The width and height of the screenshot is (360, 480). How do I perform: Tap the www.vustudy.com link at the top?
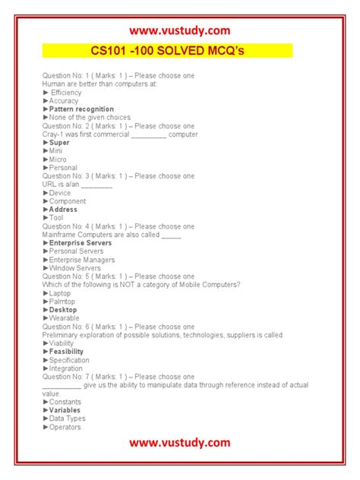click(x=179, y=30)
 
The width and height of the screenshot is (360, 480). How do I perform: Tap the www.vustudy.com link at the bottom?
click(x=179, y=442)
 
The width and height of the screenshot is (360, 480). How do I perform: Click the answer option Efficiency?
click(x=65, y=93)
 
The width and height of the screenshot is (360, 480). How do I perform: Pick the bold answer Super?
click(x=59, y=143)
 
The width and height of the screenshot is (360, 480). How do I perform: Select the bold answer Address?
click(x=63, y=210)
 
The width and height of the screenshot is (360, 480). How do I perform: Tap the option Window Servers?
click(x=74, y=268)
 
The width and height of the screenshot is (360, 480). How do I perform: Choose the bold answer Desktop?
click(x=63, y=310)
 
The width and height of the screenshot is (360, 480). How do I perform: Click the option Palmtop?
click(x=64, y=302)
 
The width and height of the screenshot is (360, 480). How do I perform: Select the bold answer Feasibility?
click(x=67, y=352)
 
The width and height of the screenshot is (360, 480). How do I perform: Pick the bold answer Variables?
click(x=65, y=410)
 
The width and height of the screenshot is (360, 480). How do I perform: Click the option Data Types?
click(x=67, y=418)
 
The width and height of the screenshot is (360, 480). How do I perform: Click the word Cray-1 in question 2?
click(x=53, y=134)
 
